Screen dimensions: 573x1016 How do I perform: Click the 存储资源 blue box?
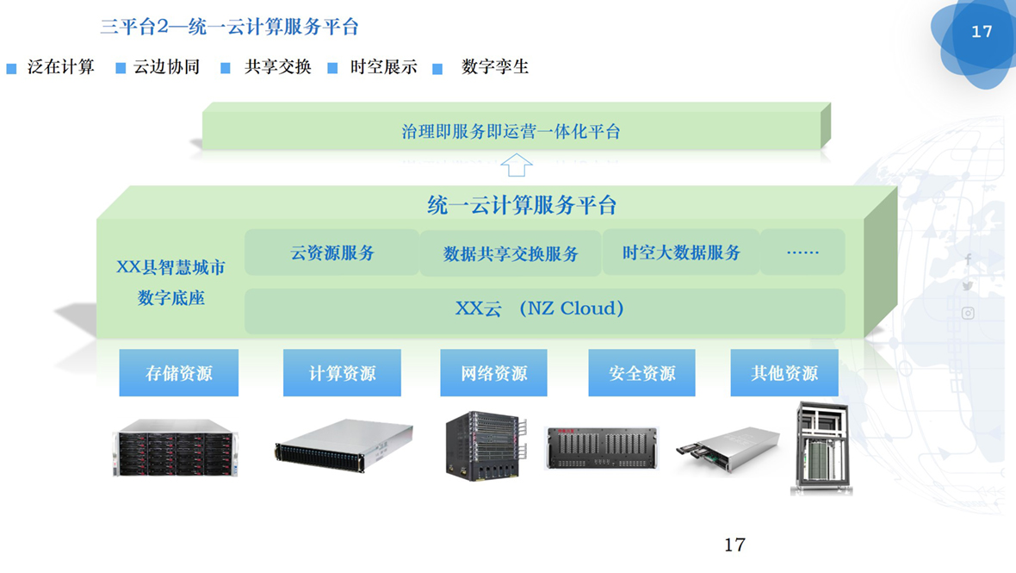178,373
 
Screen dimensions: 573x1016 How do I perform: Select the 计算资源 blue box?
342,373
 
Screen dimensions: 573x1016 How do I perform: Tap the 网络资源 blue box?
493,373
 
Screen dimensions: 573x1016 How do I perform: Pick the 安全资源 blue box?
641,373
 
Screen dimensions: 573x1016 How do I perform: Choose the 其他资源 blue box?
784,373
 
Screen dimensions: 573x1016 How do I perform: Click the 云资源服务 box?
332,252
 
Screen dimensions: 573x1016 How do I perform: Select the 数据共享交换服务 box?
511,252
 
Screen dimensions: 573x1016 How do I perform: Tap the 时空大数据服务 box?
681,252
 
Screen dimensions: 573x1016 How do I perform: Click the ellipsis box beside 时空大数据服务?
802,252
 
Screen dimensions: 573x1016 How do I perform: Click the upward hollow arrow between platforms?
517,165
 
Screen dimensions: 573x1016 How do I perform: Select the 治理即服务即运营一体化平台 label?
511,132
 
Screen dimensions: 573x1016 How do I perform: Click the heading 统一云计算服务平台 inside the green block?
522,205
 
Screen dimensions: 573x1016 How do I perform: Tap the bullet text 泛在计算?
60,67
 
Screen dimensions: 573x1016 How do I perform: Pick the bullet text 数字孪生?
495,67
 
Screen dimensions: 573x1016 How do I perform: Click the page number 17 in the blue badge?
982,32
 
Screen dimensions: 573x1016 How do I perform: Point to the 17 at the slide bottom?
734,545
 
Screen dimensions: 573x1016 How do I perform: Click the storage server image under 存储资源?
173,447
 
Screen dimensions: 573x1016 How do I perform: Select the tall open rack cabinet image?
821,448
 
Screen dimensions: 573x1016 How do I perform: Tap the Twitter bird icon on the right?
968,286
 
